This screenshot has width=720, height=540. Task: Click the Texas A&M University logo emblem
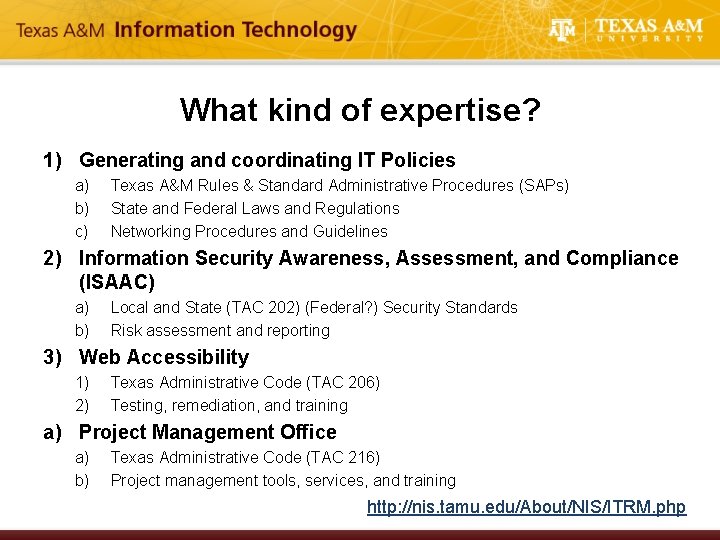pyautogui.click(x=563, y=31)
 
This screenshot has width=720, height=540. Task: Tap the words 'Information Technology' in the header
pyautogui.click(x=236, y=30)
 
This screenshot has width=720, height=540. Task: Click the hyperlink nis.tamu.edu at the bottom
pyautogui.click(x=526, y=507)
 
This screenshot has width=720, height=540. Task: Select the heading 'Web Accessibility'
pyautogui.click(x=164, y=357)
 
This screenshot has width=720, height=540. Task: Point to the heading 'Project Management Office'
pyautogui.click(x=208, y=432)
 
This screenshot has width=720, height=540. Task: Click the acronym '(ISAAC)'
pyautogui.click(x=118, y=282)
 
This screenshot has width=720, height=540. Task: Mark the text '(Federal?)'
pyautogui.click(x=339, y=307)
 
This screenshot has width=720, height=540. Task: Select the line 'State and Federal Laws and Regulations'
pyautogui.click(x=255, y=208)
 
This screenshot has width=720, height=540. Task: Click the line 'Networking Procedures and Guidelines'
pyautogui.click(x=249, y=231)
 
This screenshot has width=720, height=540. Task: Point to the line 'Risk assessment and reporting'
pyautogui.click(x=220, y=330)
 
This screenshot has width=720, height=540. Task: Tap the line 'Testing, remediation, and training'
pyautogui.click(x=229, y=405)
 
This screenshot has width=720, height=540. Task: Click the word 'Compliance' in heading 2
pyautogui.click(x=622, y=258)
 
